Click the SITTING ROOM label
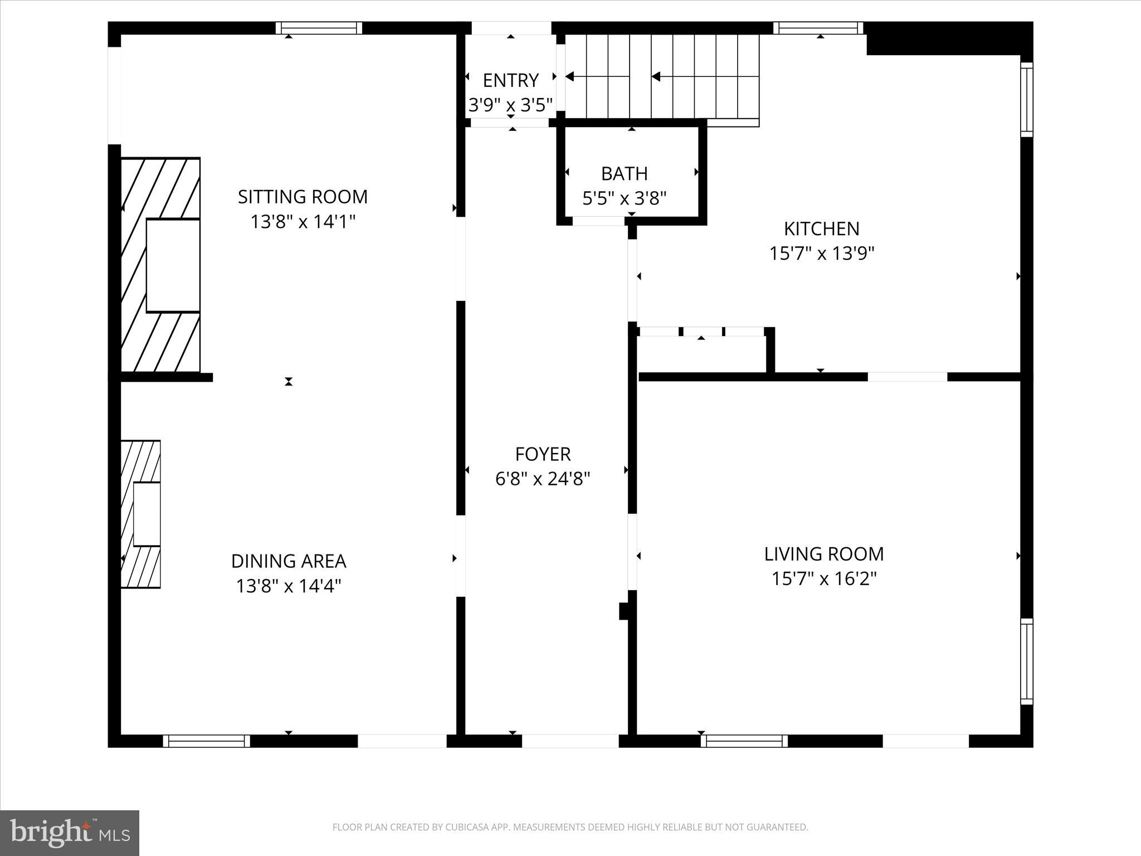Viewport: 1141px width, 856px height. (x=303, y=197)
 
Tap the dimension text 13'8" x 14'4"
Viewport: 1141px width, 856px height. (x=288, y=586)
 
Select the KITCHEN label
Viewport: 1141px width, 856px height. (x=821, y=228)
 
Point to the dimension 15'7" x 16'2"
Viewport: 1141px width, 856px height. (x=823, y=579)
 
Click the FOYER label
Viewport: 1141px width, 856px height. (x=543, y=454)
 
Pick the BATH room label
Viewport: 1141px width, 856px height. (x=624, y=174)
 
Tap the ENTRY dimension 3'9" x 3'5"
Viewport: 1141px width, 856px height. (x=510, y=105)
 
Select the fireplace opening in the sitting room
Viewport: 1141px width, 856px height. (x=173, y=265)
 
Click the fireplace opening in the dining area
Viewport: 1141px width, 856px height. (x=147, y=514)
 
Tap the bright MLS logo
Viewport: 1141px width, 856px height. (x=70, y=833)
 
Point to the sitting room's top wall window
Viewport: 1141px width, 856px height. (x=319, y=28)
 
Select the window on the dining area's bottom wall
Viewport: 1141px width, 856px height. (x=207, y=741)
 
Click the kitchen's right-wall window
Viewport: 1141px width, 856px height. (x=1026, y=99)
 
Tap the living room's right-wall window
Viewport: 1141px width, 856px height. (x=1026, y=661)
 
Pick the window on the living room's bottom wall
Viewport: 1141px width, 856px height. (x=744, y=741)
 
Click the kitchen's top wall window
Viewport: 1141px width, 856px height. (x=818, y=28)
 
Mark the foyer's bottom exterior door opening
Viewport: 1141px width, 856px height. (x=570, y=741)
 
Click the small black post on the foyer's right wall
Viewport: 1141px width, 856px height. (x=624, y=611)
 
